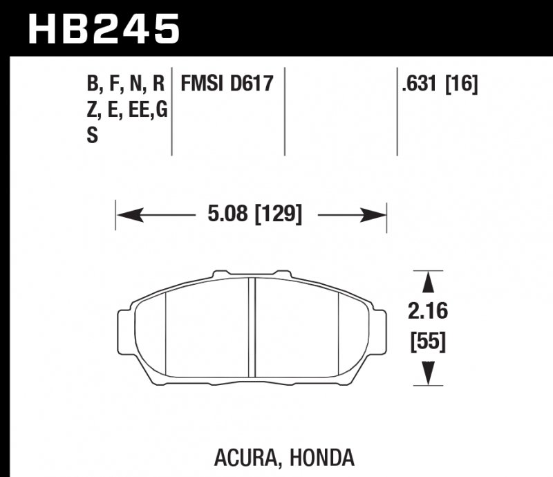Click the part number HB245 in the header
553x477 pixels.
(x=103, y=29)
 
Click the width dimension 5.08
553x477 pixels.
(x=227, y=215)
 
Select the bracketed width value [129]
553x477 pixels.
(x=279, y=215)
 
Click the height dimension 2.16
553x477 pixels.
(x=428, y=312)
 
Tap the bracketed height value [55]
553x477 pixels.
(x=428, y=341)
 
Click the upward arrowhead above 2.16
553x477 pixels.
(x=428, y=282)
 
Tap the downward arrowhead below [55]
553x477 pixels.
(x=428, y=374)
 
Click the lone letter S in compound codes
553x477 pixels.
(x=92, y=136)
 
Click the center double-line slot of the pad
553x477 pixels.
(x=253, y=328)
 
